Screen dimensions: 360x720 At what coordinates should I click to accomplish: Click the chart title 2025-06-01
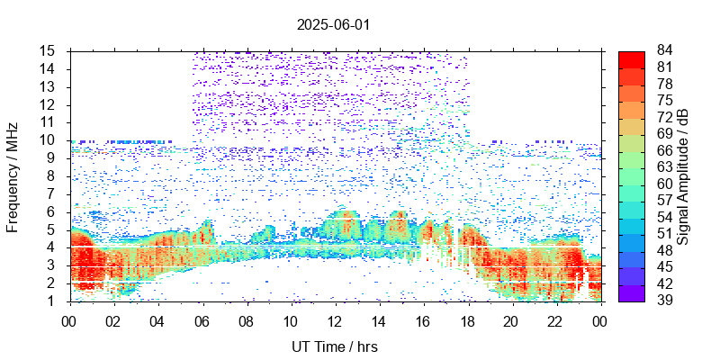tap(333, 24)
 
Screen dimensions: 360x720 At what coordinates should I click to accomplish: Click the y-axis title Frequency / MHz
tap(13, 175)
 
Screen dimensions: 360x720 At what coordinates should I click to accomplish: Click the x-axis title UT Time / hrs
tap(333, 346)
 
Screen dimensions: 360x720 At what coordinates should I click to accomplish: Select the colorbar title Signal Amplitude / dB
tap(683, 175)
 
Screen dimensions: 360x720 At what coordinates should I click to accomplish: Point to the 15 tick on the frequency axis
tap(49, 50)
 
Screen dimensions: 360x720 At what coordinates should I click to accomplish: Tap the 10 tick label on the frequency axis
tap(49, 139)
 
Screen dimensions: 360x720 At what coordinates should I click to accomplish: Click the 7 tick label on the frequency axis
tap(52, 193)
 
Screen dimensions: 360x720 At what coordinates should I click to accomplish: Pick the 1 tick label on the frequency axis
tap(52, 301)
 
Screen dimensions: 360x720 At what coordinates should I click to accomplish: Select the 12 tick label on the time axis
tap(335, 319)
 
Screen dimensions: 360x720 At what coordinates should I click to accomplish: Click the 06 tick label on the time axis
tap(202, 319)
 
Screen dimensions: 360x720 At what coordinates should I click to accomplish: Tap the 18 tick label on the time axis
tap(467, 319)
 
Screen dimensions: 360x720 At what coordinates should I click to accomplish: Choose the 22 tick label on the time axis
tap(555, 319)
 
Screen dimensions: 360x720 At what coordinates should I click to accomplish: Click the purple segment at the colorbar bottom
tap(632, 292)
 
